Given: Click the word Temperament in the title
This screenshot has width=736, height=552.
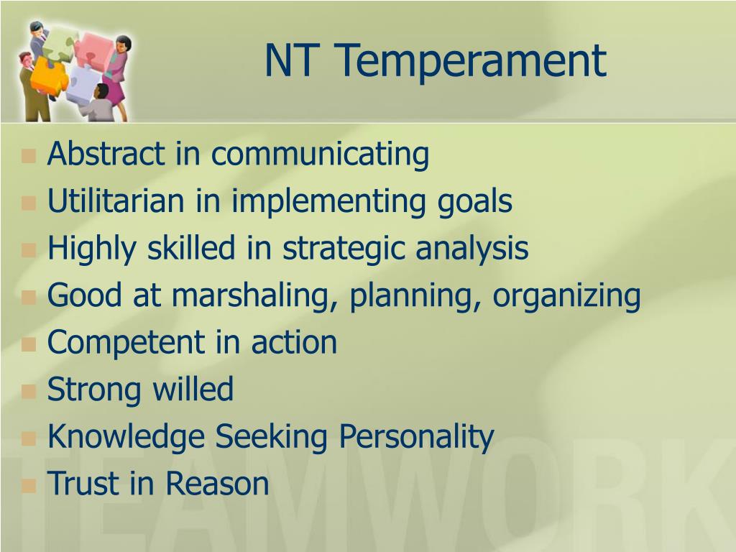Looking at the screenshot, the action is (471, 62).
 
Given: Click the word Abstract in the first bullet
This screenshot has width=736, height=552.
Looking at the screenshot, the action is (106, 154).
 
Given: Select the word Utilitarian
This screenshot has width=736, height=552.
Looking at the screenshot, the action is (116, 201).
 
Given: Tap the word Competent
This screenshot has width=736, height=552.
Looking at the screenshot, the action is (126, 342).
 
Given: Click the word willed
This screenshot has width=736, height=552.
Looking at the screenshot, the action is (193, 389).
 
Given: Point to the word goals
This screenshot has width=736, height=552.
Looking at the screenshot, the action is (474, 202).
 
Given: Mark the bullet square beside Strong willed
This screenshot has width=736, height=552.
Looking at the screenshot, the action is (29, 391).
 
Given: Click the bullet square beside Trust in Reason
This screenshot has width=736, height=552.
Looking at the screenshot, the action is (29, 485).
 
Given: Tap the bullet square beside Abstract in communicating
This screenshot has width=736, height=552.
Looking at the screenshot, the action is (29, 155).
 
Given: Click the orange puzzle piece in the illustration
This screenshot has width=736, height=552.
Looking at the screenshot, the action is (50, 76).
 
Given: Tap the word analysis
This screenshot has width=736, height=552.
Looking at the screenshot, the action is (472, 249).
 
